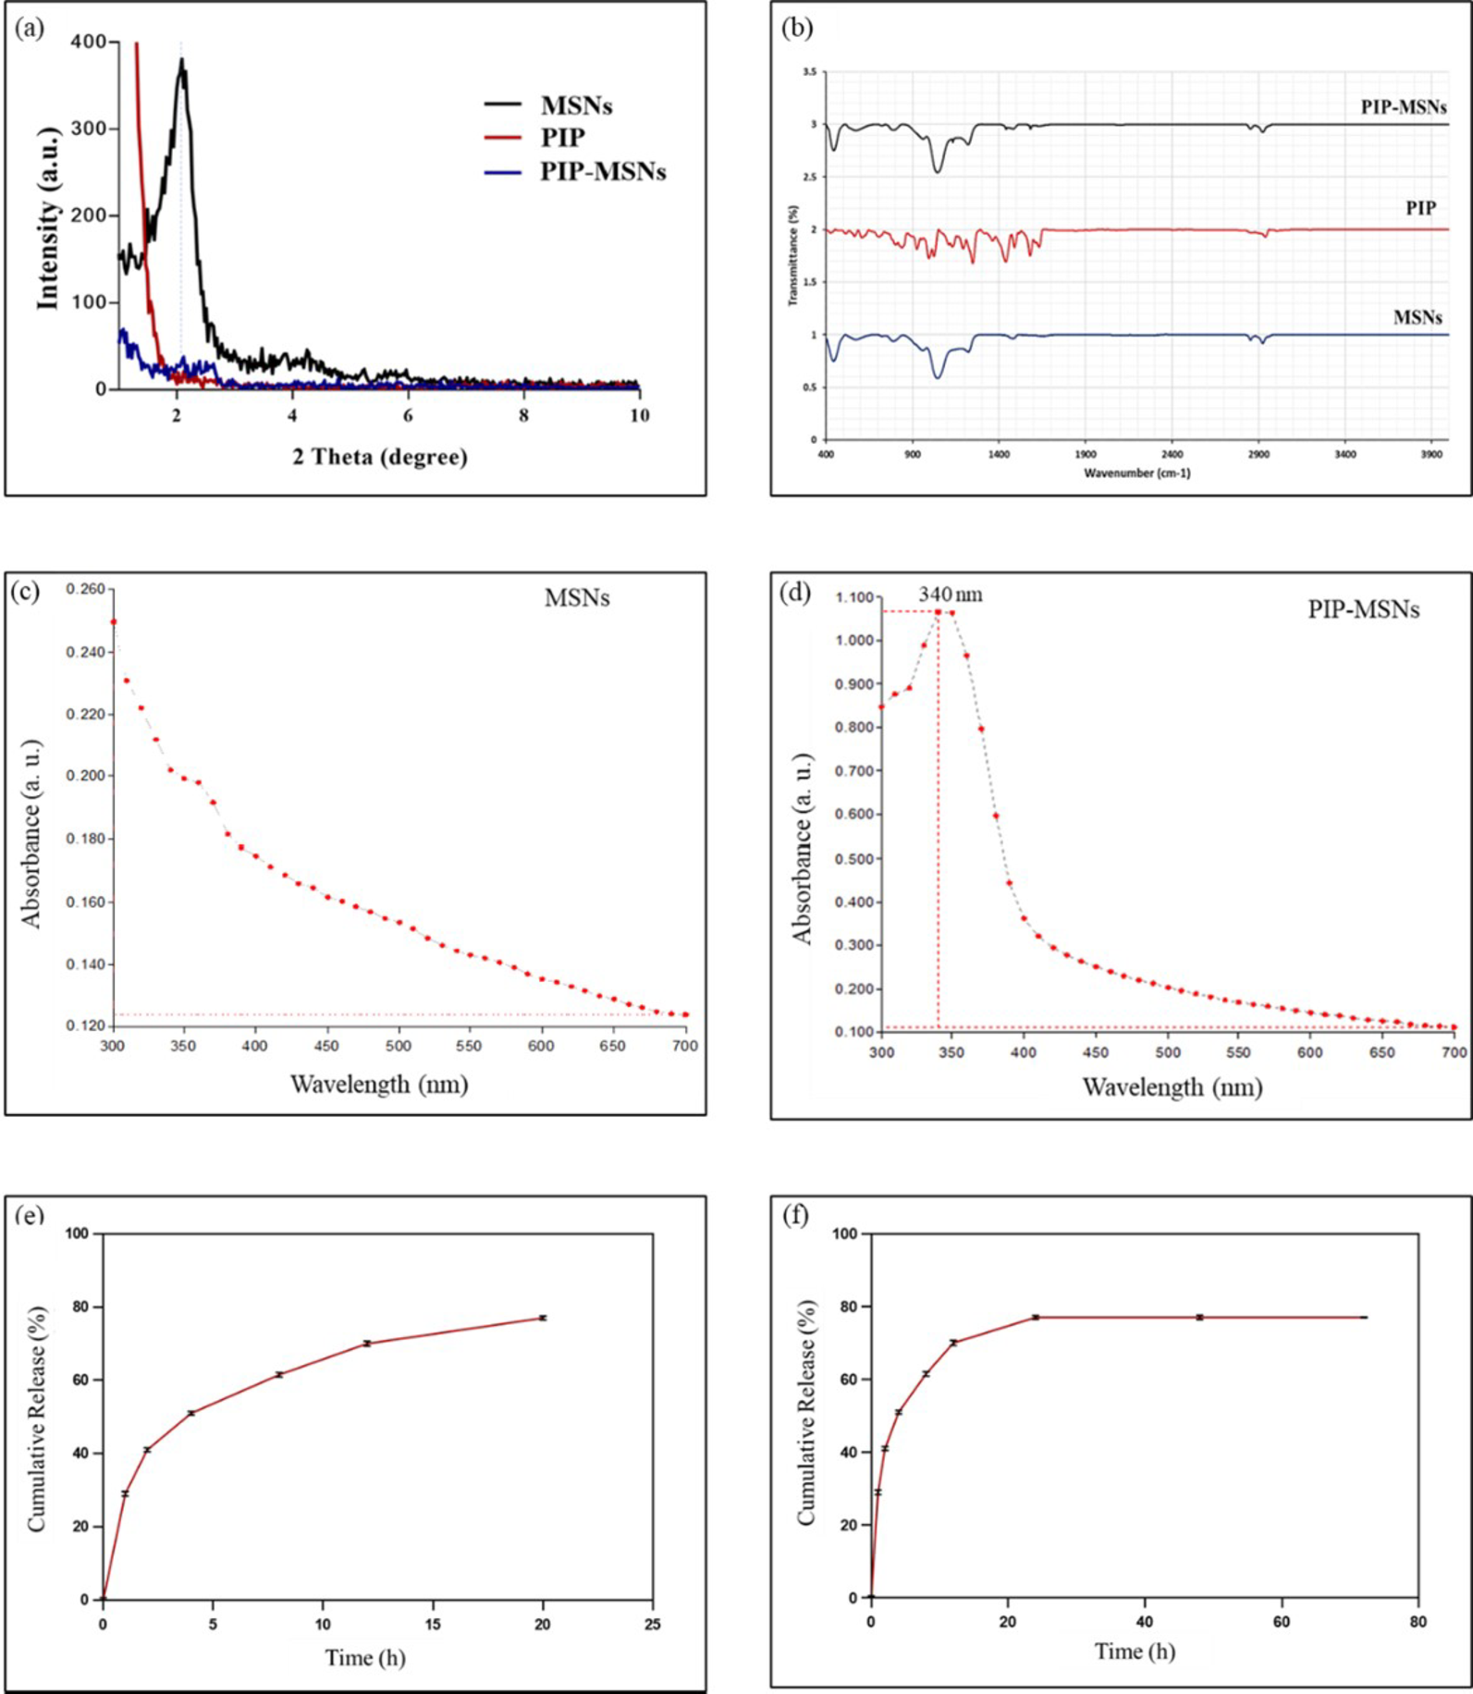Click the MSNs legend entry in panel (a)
pos(576,105)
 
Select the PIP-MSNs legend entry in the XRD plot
pos(602,172)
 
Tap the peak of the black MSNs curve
pos(182,61)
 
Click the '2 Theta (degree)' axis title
pos(380,457)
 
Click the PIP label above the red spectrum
pos(1420,208)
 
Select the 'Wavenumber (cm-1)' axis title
pos(1136,473)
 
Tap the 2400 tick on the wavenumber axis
pos(1172,455)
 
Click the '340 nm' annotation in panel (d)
pos(951,595)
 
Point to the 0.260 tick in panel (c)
pos(87,589)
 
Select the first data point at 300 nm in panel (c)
pos(114,621)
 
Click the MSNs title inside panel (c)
pos(577,598)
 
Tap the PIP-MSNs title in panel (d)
pos(1363,609)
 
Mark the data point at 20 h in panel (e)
pos(543,1318)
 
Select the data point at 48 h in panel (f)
pos(1199,1317)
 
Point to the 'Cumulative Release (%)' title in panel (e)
pos(37,1419)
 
